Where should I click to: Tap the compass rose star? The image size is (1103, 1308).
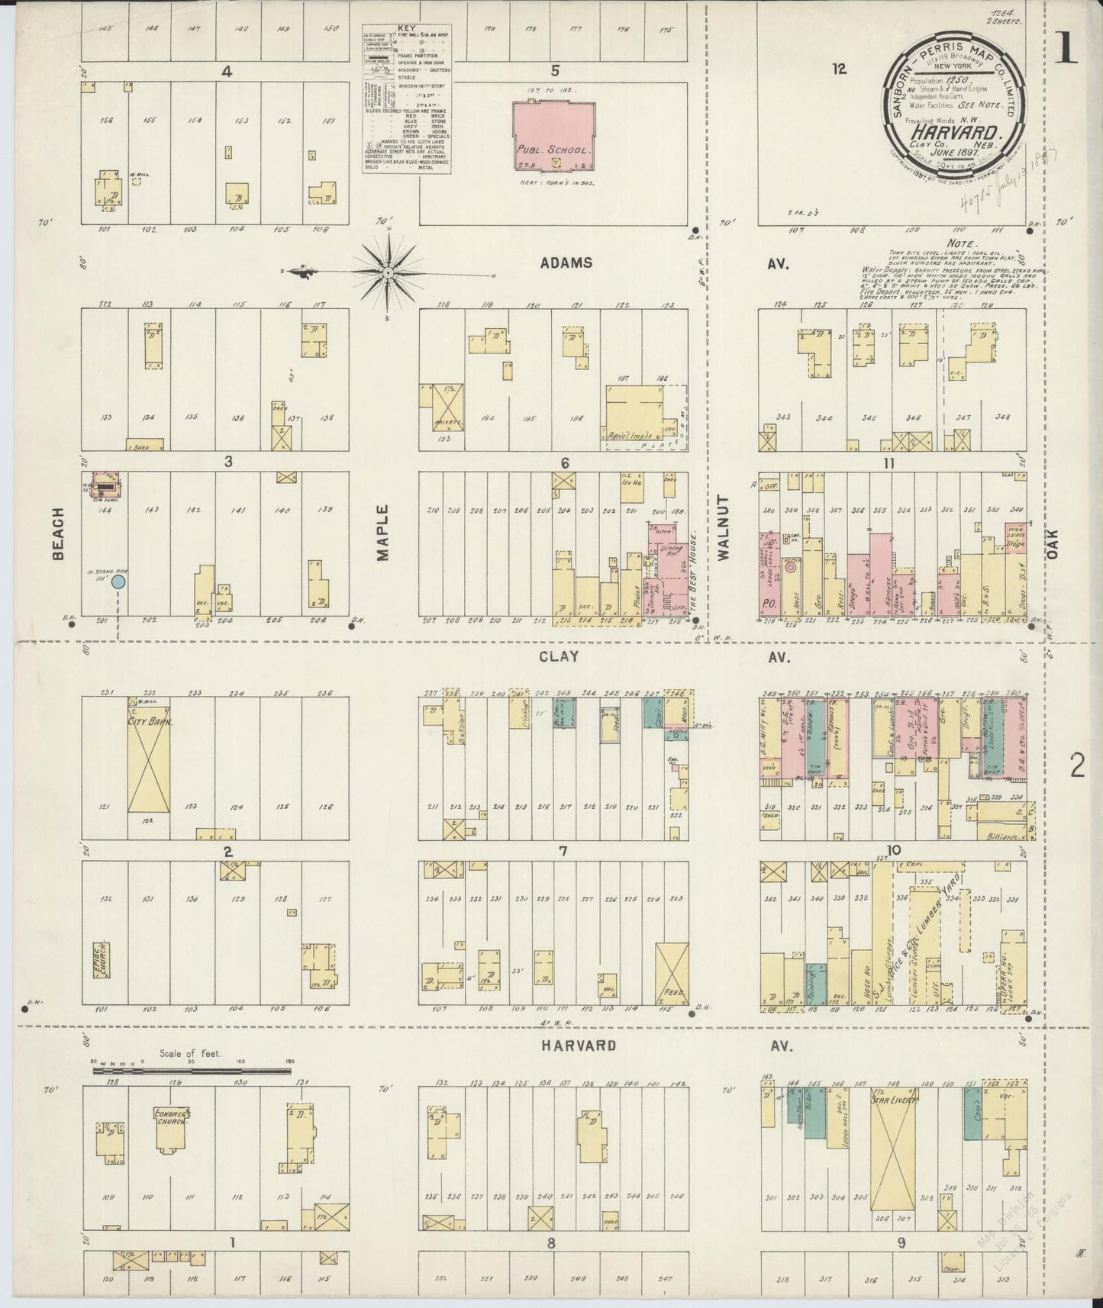point(389,272)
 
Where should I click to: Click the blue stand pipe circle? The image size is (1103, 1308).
point(118,582)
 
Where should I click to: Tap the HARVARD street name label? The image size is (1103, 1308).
point(579,1045)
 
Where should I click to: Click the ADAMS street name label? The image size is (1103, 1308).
point(566,263)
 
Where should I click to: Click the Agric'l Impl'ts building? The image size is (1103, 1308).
point(634,416)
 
